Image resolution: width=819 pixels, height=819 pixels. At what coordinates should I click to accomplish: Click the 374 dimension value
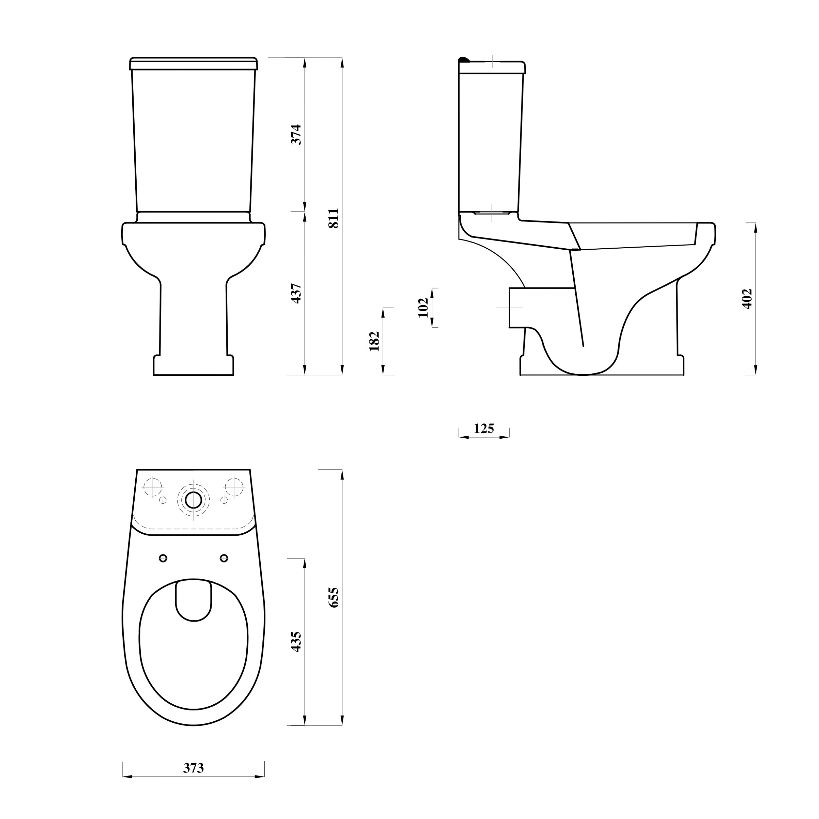(x=296, y=134)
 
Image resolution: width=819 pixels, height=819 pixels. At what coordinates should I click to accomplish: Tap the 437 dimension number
(x=296, y=293)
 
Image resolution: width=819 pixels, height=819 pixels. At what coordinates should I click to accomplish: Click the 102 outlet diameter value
(x=423, y=307)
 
